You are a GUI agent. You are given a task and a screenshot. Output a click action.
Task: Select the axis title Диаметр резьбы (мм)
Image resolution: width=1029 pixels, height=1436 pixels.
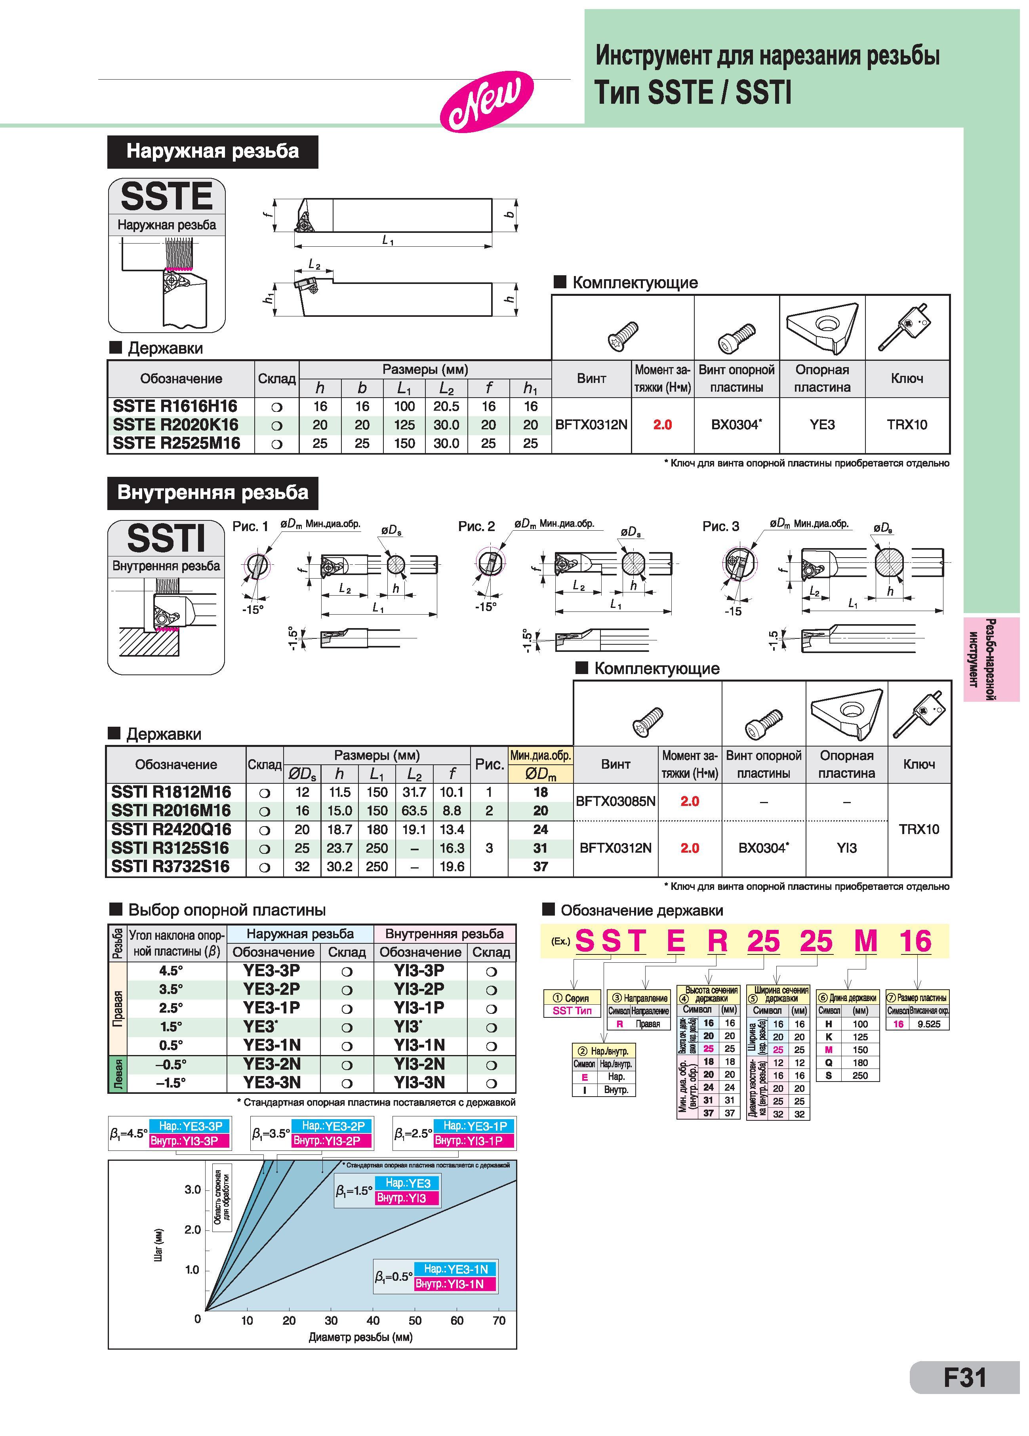[x=360, y=1337]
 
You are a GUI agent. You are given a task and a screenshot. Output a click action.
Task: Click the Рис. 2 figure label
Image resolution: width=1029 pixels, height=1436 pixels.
[x=476, y=526]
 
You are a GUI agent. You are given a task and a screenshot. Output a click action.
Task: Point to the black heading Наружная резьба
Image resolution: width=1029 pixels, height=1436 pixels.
[x=213, y=151]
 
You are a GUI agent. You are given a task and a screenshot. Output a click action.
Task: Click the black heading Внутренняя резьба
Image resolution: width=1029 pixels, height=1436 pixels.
[x=213, y=493]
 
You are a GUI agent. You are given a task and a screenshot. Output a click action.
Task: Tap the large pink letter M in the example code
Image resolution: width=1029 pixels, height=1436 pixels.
[x=866, y=941]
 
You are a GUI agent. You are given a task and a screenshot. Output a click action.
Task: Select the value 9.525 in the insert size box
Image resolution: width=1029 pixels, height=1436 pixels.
[x=928, y=1024]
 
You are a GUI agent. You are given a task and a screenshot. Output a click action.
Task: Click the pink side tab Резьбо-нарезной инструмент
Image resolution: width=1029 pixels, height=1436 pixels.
[x=991, y=659]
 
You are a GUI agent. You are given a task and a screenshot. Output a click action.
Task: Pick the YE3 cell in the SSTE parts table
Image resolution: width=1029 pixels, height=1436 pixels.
[x=822, y=425]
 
